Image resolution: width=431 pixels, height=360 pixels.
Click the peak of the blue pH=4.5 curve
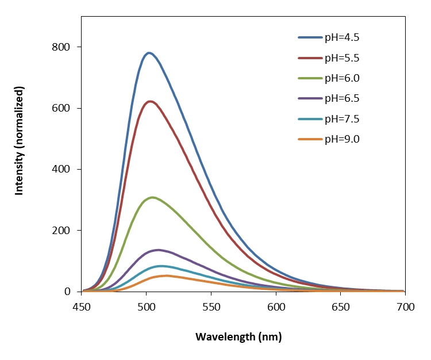[x=149, y=53]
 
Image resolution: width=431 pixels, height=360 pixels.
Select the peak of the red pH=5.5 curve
[x=151, y=101]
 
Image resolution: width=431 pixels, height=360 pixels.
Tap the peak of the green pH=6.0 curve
[x=152, y=197]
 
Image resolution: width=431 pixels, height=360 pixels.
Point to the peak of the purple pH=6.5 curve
[x=158, y=250]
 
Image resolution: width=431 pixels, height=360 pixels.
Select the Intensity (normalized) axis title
[x=20, y=141]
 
